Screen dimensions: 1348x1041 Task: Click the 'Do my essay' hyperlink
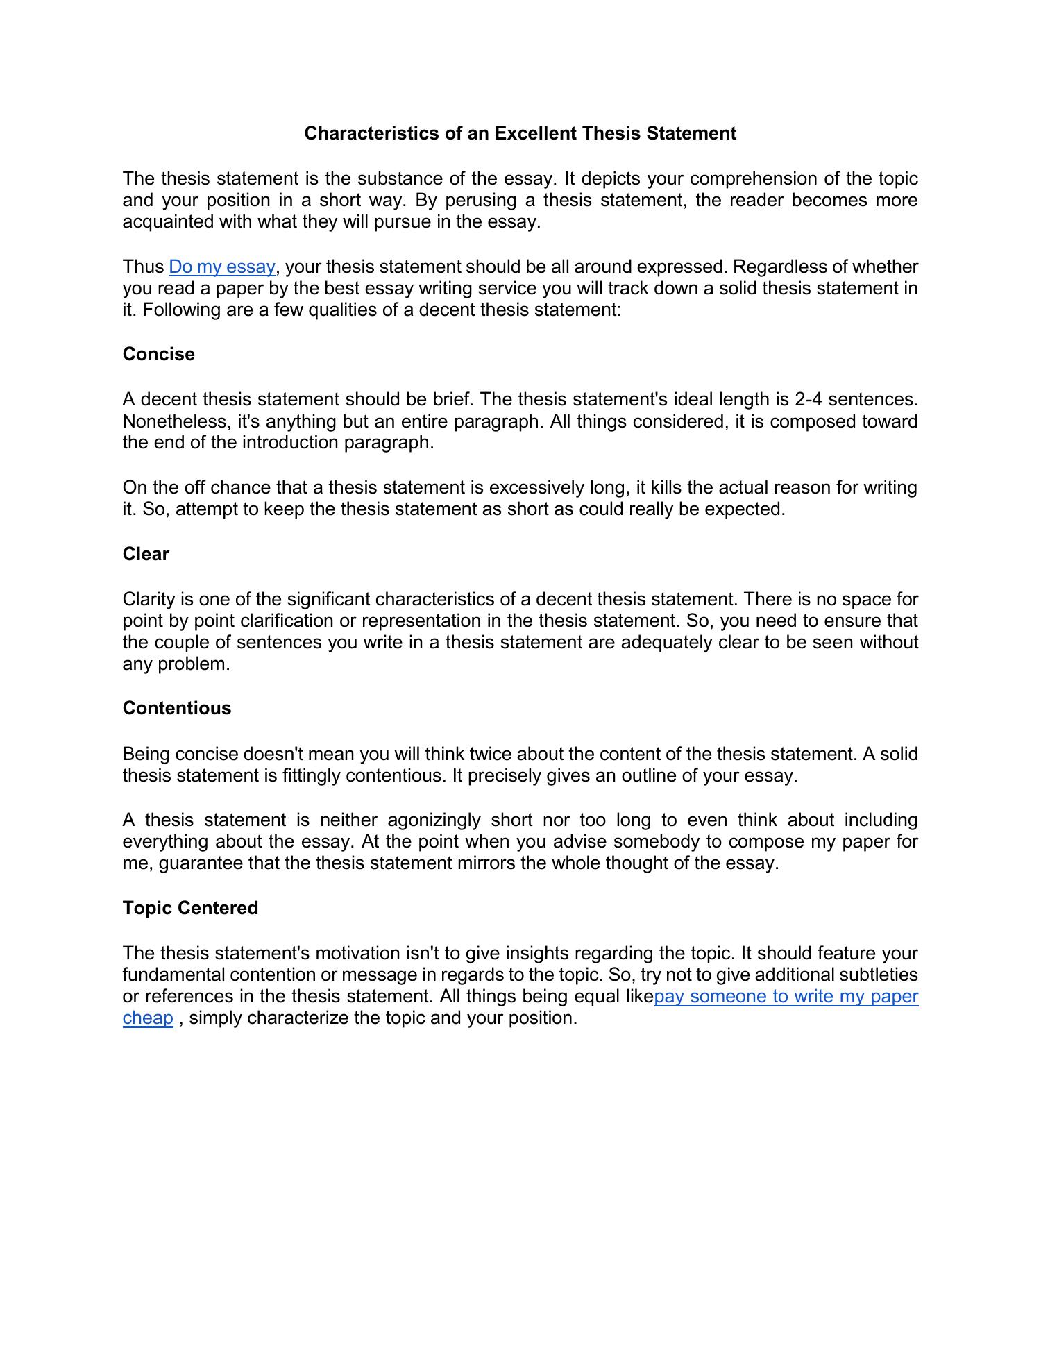click(222, 267)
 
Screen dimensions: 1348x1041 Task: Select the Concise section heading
click(159, 354)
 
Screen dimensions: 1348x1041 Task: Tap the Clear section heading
click(146, 554)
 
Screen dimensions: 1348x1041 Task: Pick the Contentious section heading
click(177, 708)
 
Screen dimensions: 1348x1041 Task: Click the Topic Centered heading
click(190, 908)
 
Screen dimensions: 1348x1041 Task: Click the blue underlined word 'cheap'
click(148, 1018)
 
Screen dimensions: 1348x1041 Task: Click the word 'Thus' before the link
click(143, 267)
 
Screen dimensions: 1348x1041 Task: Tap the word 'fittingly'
click(312, 775)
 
